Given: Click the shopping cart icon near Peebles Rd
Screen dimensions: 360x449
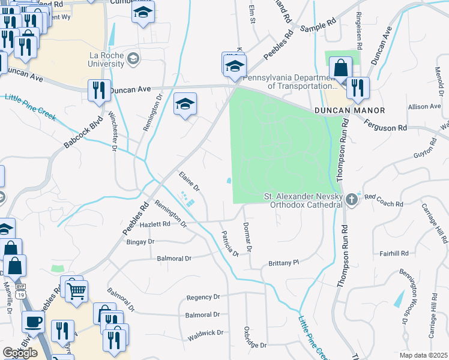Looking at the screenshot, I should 76,292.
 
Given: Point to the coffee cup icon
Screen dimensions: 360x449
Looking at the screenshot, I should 34,321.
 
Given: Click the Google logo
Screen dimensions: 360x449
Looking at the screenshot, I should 20,353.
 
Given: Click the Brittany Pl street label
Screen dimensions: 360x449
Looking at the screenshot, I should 283,263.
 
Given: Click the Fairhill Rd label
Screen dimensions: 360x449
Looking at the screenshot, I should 394,253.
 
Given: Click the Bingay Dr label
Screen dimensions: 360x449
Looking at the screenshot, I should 140,241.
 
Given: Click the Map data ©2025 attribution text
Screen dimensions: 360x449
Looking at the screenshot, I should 424,355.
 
